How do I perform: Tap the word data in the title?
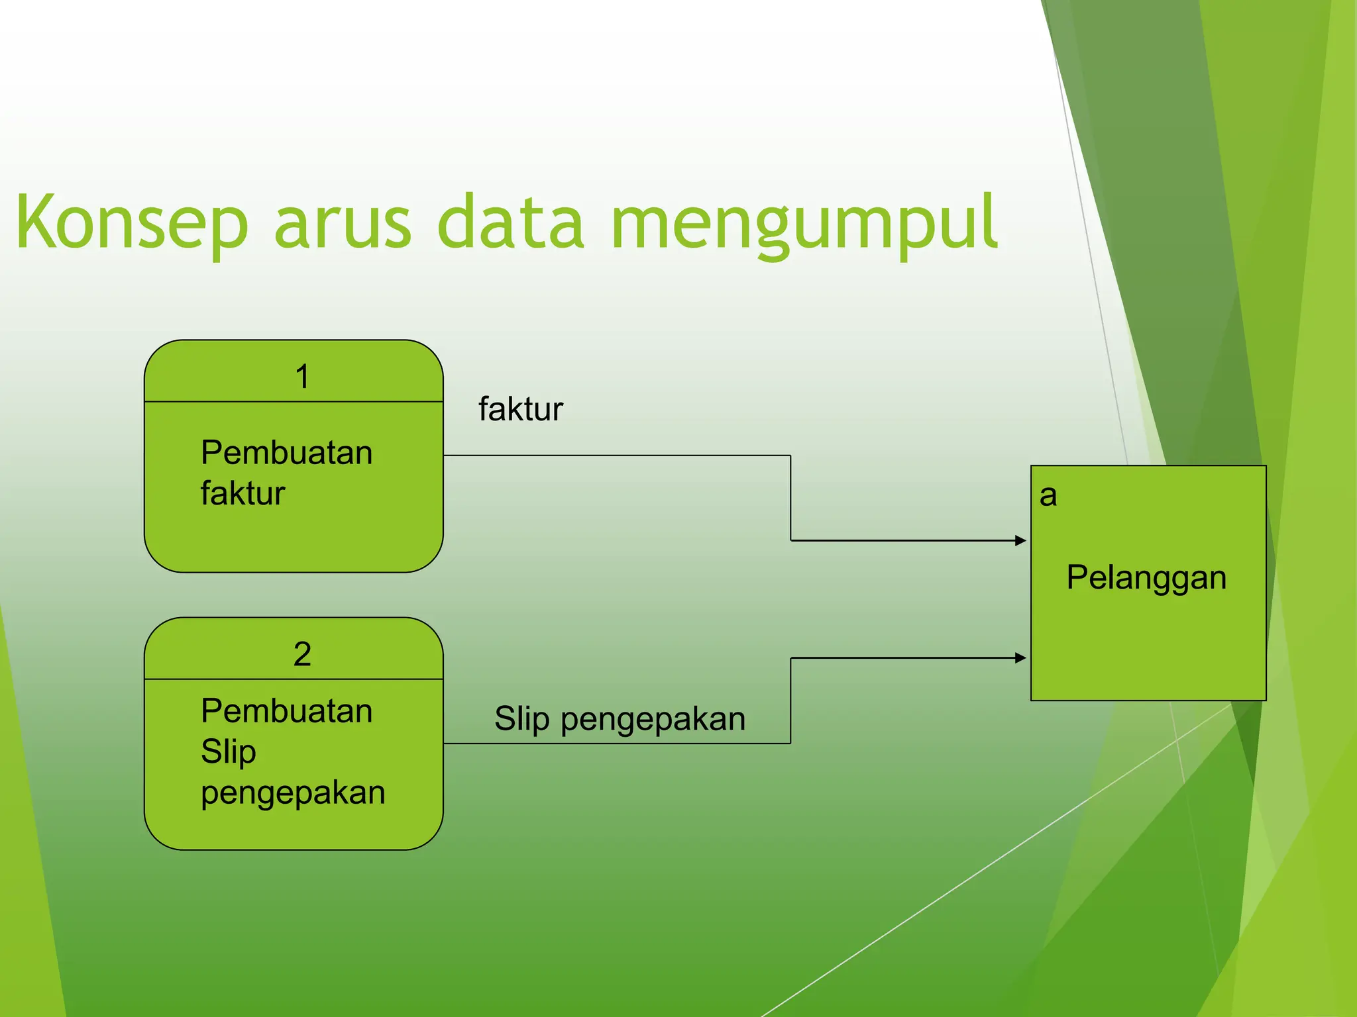pos(510,223)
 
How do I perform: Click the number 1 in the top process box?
pos(302,377)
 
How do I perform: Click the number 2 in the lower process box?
pos(302,654)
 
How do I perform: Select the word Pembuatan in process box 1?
pos(286,453)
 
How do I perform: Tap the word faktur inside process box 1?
pos(243,494)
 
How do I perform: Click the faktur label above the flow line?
pos(520,409)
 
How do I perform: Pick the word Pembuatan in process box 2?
pos(286,711)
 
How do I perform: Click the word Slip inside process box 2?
pos(228,751)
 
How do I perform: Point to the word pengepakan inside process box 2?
pos(293,793)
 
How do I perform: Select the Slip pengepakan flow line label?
pos(620,719)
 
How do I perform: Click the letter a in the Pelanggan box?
pos(1048,495)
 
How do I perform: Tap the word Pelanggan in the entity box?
pos(1146,577)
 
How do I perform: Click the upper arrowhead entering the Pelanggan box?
pos(1020,540)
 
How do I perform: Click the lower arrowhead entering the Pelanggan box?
pos(1020,658)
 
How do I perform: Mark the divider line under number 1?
pos(294,401)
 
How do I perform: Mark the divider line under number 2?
pos(294,679)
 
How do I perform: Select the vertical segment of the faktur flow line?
pos(790,498)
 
